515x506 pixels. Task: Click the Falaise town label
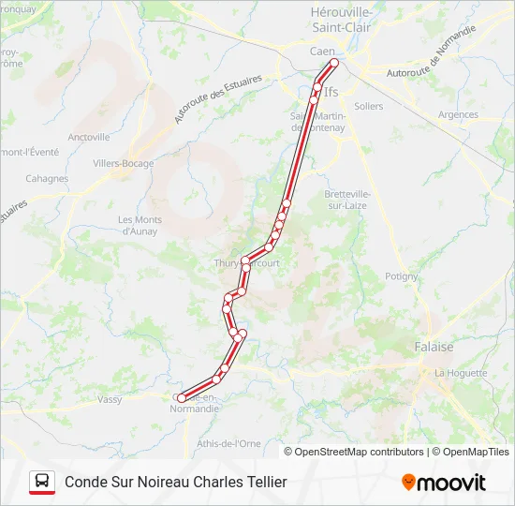pyautogui.click(x=434, y=347)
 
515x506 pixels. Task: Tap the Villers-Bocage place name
pyautogui.click(x=124, y=162)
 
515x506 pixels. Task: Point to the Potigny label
pyautogui.click(x=402, y=276)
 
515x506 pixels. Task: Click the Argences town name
pyautogui.click(x=458, y=115)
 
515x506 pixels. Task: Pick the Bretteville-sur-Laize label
pyautogui.click(x=346, y=200)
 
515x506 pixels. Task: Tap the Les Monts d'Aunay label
pyautogui.click(x=140, y=225)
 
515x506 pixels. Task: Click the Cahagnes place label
pyautogui.click(x=47, y=178)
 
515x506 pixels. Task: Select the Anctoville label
pyautogui.click(x=89, y=137)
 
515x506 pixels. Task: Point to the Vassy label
pyautogui.click(x=110, y=399)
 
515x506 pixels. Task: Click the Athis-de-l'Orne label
pyautogui.click(x=229, y=442)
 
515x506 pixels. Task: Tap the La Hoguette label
pyautogui.click(x=461, y=373)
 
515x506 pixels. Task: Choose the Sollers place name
pyautogui.click(x=369, y=107)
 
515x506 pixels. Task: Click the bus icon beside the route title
pyautogui.click(x=42, y=482)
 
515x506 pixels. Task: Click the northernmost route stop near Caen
pyautogui.click(x=333, y=63)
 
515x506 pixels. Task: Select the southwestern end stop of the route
pyautogui.click(x=181, y=398)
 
